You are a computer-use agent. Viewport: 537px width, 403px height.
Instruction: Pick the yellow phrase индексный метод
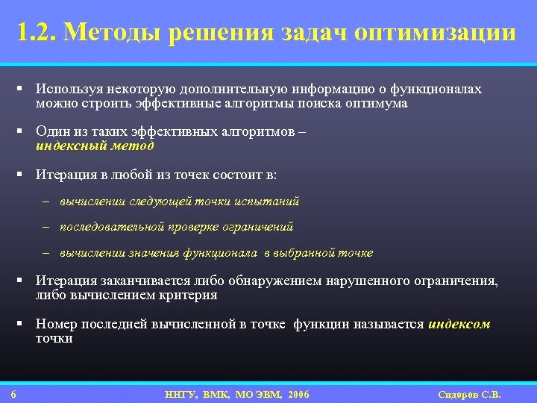[x=95, y=146]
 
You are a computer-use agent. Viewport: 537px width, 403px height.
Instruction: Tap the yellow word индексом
[x=459, y=324]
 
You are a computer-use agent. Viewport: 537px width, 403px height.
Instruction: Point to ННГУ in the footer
[x=181, y=394]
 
